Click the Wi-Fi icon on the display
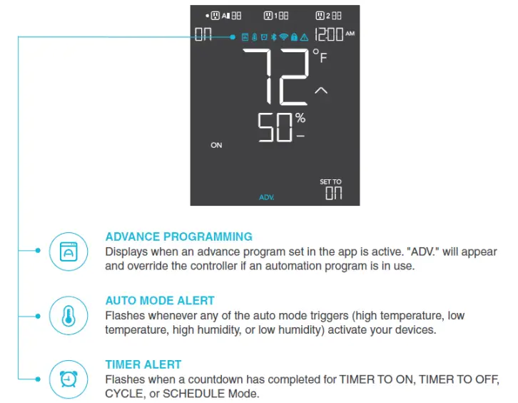[x=283, y=36]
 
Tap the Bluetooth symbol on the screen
[x=274, y=36]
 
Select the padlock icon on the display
[x=294, y=36]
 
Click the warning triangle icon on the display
[x=304, y=36]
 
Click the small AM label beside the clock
[x=350, y=33]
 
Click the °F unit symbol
[x=319, y=55]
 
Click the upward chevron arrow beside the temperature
[x=321, y=91]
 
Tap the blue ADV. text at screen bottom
[x=267, y=196]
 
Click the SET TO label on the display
[x=330, y=182]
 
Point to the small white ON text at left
[x=216, y=145]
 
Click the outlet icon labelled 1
[x=269, y=15]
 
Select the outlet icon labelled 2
[x=320, y=15]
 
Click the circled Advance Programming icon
[x=68, y=251]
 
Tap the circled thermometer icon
[x=68, y=314]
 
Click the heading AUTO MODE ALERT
[x=160, y=301]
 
